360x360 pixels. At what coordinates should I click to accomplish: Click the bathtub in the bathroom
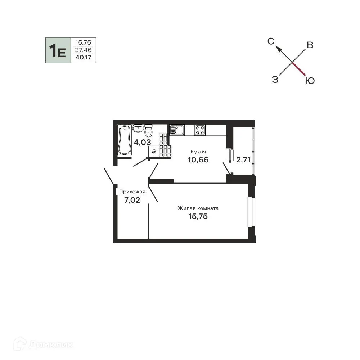pos(125,140)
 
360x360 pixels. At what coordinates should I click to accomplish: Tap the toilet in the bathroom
pos(149,131)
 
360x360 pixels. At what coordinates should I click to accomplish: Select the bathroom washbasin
pos(138,129)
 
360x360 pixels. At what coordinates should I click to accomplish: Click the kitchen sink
pos(177,130)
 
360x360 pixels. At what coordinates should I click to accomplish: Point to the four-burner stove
pos(200,130)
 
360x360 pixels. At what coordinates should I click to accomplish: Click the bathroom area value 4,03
pos(142,142)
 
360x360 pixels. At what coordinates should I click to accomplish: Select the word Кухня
pos(198,152)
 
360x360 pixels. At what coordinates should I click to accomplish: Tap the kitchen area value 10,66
pos(198,159)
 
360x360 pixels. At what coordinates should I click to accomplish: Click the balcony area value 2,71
pos(243,159)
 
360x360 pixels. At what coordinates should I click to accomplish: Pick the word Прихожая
pos(132,192)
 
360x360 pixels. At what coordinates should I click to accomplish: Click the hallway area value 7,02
pos(132,200)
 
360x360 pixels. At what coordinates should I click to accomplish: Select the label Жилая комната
pos(198,208)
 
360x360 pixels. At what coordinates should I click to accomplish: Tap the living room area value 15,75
pos(198,216)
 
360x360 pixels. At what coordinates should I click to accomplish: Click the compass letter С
pos(271,41)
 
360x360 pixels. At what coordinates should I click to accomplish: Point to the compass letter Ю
pos(310,81)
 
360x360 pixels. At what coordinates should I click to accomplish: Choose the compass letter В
pos(310,45)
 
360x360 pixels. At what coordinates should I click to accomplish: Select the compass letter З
pos(275,80)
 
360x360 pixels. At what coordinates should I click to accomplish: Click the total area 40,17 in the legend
pos(84,57)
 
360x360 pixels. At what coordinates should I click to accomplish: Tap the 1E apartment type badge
pos(58,50)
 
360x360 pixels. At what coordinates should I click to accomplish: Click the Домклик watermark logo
pos(44,345)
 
